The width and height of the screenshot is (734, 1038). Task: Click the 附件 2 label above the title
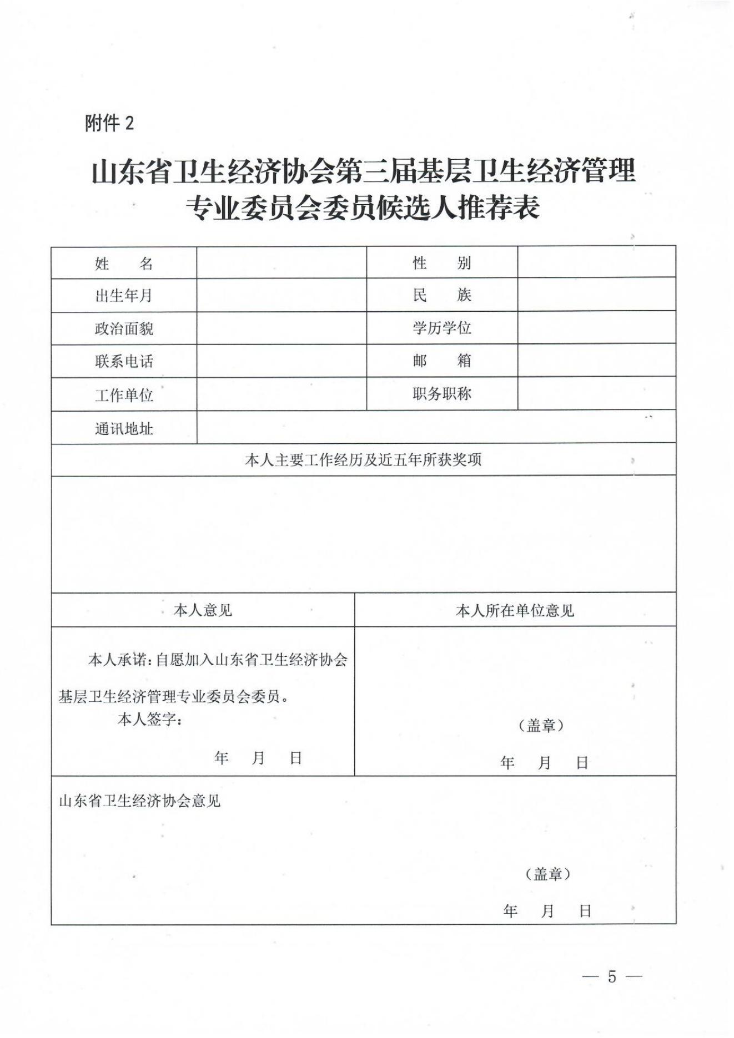[109, 123]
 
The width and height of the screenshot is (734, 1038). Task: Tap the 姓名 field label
[124, 263]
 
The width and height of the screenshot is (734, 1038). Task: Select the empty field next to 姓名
[281, 262]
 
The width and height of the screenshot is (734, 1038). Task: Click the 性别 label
[441, 262]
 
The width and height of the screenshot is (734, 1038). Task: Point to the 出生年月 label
[124, 295]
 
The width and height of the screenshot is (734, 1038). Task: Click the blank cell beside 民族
[596, 295]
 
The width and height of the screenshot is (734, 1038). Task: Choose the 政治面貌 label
[124, 328]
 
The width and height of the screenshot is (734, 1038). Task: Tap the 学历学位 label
[441, 327]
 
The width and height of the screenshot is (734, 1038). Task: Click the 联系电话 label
[124, 361]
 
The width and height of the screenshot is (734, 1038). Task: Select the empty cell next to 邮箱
[596, 361]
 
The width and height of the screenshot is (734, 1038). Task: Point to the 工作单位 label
[124, 395]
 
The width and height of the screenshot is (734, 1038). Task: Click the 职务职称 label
[441, 393]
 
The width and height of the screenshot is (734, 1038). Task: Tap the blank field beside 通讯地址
[436, 427]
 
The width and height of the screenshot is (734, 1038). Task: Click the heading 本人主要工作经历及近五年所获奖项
[363, 459]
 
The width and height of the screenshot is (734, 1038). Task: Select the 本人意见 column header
[203, 610]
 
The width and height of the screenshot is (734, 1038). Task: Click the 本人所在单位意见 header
[515, 610]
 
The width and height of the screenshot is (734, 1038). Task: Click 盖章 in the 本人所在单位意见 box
[541, 725]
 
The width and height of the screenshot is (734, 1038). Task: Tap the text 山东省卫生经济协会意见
[140, 801]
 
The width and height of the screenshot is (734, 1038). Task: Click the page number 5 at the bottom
[612, 976]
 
